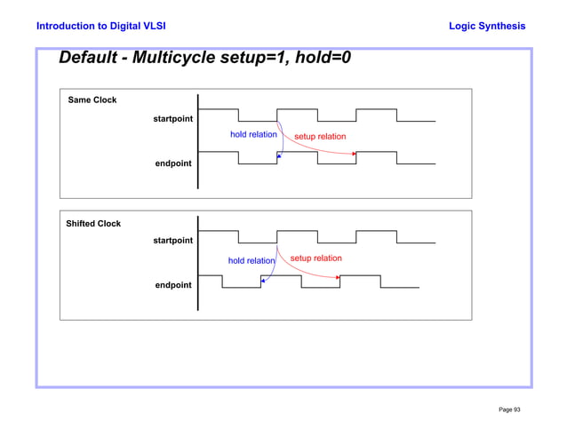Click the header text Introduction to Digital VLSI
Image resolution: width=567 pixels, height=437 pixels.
(95, 27)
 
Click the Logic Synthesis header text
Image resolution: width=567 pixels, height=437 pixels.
(488, 27)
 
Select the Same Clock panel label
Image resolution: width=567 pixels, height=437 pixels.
(92, 100)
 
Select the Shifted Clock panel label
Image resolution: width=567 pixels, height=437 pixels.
(93, 224)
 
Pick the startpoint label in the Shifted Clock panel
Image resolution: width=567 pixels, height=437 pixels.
(172, 241)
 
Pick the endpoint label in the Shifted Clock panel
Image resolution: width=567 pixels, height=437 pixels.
(172, 285)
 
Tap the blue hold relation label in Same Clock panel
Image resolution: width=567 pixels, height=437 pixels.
(253, 135)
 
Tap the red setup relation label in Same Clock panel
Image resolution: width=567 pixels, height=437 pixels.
(320, 137)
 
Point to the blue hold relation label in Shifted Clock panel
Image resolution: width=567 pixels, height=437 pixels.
(252, 261)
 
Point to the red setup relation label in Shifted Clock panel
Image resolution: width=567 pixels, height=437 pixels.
(315, 258)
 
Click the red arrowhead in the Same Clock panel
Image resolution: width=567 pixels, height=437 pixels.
(354, 154)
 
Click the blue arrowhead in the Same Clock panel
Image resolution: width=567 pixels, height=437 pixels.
(279, 156)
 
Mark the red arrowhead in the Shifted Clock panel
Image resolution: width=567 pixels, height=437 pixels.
(339, 277)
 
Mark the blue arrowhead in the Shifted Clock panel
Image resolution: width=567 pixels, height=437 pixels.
(263, 281)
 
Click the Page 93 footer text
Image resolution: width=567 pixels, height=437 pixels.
(509, 409)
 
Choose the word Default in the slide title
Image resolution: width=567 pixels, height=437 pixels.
(89, 60)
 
